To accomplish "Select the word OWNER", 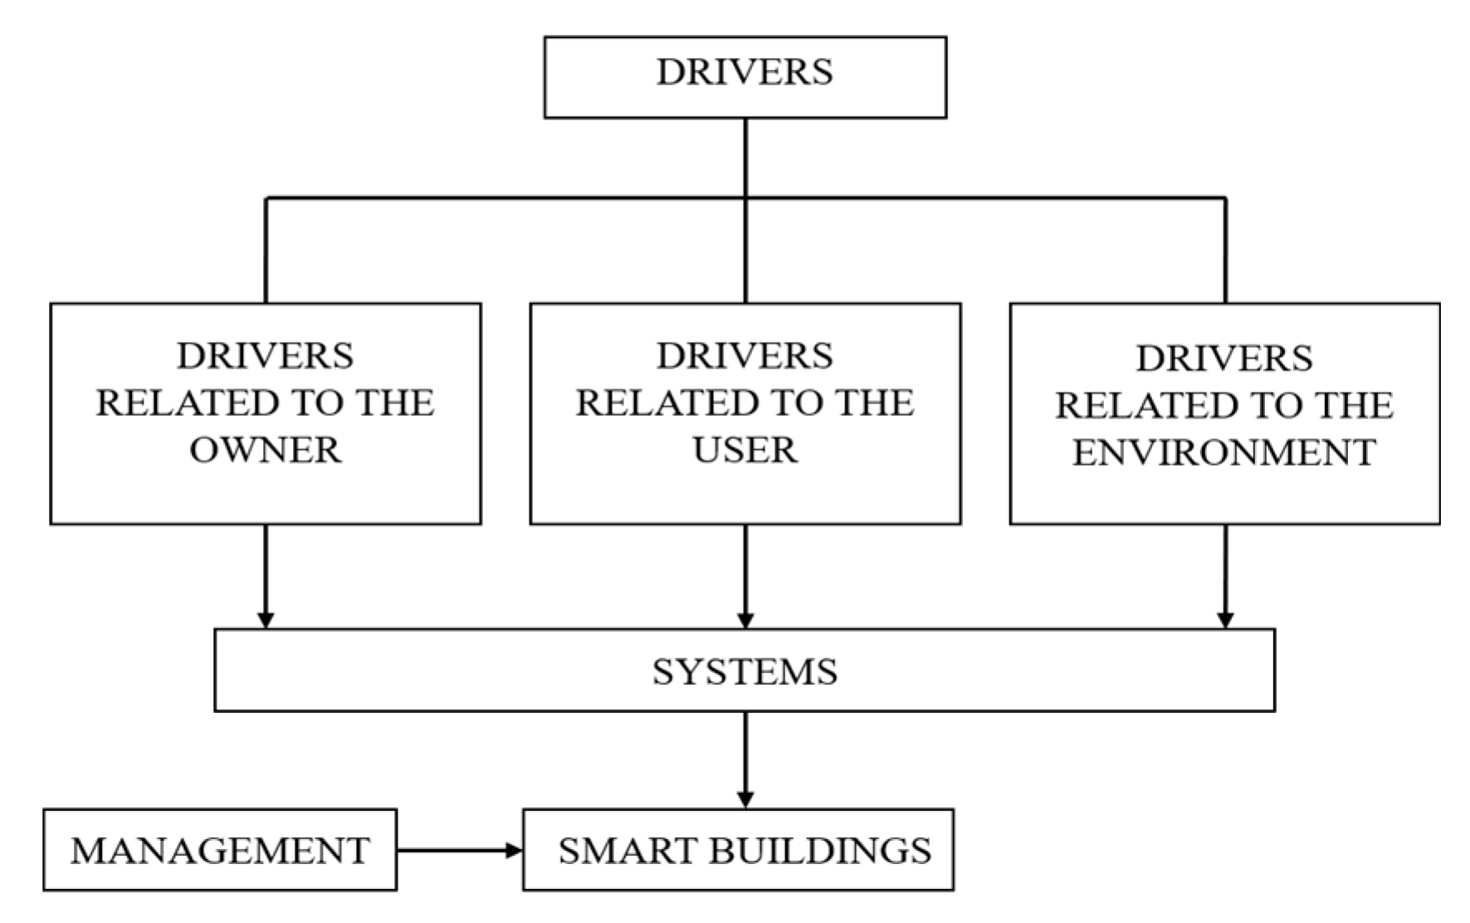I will [265, 451].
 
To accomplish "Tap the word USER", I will [745, 451].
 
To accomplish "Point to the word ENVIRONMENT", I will [1224, 453].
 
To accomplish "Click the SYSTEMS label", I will [745, 671].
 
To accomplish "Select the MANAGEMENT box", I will [220, 851].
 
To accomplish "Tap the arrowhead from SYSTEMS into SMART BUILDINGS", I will [745, 799].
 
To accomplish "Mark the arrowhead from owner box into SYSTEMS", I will [266, 620].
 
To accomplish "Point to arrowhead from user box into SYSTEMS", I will [745, 620].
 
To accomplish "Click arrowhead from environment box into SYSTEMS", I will [1225, 620].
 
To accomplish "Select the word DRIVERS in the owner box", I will [265, 357].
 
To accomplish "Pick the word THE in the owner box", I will [395, 403].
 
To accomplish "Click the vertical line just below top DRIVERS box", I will [745, 158].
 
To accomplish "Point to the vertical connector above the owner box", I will [266, 249].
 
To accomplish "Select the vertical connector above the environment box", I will [1225, 249].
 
